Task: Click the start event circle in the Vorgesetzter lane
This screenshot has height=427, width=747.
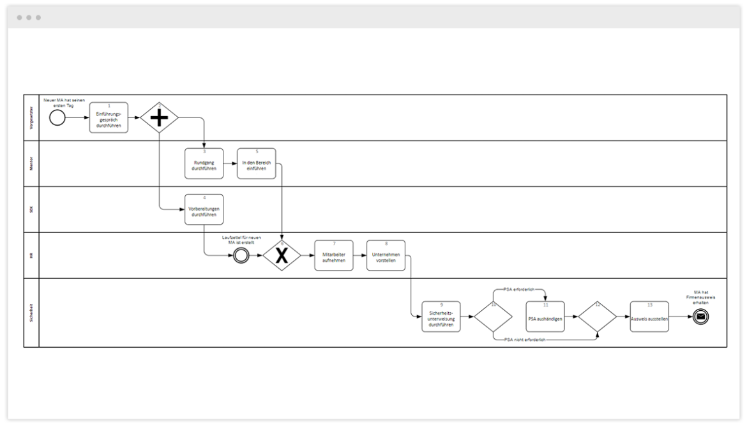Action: tap(57, 118)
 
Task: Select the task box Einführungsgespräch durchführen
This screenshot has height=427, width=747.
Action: tap(109, 117)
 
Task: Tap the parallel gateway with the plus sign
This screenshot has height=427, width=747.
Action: tap(159, 118)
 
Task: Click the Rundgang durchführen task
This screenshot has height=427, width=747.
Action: tap(204, 164)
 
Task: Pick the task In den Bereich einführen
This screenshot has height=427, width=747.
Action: tap(257, 164)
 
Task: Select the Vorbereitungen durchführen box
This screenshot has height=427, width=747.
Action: tap(204, 210)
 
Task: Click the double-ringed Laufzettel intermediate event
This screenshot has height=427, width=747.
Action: tap(241, 256)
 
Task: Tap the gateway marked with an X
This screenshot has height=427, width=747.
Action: tap(282, 256)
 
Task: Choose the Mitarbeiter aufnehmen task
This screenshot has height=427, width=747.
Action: tap(334, 256)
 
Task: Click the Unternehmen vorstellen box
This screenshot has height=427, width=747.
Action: tap(386, 256)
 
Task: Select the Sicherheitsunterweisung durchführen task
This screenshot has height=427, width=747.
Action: tap(441, 317)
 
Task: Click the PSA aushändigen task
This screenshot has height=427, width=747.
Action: tap(545, 317)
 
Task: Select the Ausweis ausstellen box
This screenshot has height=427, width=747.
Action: tap(649, 317)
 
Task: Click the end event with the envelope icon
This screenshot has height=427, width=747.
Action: tap(700, 317)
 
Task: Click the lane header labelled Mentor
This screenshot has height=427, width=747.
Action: tap(31, 163)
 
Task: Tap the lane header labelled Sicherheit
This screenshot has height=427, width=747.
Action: tap(31, 313)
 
